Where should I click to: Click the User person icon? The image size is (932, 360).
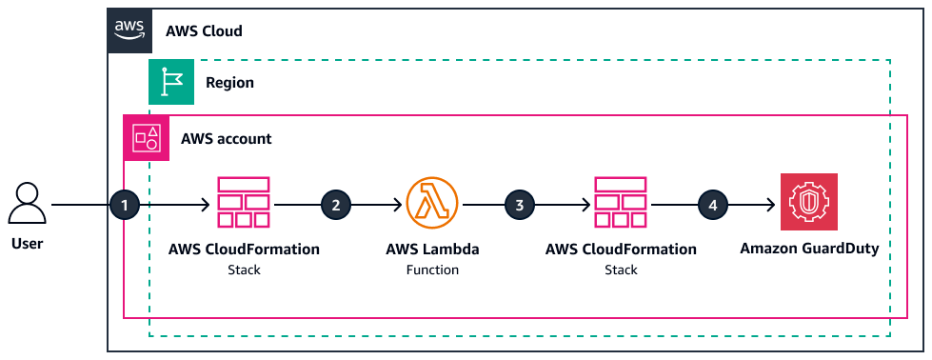point(27,205)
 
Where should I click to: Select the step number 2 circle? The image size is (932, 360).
point(334,204)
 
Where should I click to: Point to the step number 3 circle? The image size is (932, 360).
point(519,204)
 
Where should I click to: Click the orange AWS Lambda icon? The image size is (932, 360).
point(432,204)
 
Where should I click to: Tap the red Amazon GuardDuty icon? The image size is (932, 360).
point(808,203)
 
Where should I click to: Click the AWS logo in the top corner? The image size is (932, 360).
point(129,30)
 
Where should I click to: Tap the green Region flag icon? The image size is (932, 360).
point(171,82)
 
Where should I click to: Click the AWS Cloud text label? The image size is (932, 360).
point(204,30)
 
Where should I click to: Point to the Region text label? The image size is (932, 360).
point(229,83)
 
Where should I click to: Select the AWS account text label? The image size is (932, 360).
point(226,139)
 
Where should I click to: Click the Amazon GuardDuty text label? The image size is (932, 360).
point(808,250)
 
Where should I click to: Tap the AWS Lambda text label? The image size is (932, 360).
point(432,250)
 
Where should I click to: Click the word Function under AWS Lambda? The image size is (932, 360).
point(432,270)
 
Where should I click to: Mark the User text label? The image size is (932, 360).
point(27,244)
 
